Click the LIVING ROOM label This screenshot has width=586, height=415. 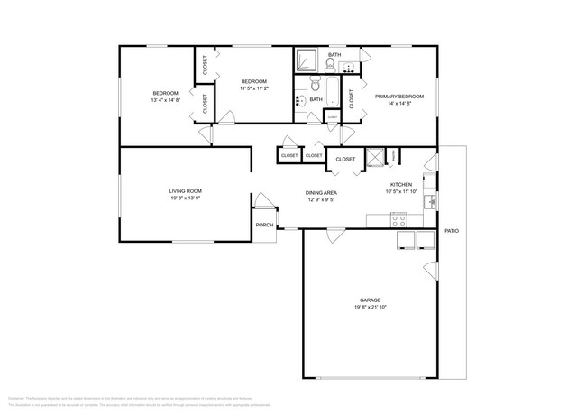coord(185,191)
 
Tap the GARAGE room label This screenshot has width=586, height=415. coord(371,300)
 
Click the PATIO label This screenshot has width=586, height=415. coord(452,232)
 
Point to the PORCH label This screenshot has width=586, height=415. coord(264,225)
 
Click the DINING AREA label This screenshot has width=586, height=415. coord(321,193)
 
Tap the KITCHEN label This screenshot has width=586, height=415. coord(400,184)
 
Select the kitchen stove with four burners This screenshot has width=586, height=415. coord(399,219)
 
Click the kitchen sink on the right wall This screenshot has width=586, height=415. coord(431,201)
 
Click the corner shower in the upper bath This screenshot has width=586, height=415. coord(306,60)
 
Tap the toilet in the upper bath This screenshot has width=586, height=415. coord(331,64)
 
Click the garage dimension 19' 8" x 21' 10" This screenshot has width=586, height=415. coord(371,308)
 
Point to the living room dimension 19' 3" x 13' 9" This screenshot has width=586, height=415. coord(185,198)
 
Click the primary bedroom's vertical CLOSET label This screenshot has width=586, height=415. coord(352,98)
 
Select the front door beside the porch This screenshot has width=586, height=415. coord(262,201)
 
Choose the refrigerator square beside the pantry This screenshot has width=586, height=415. coord(371,156)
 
